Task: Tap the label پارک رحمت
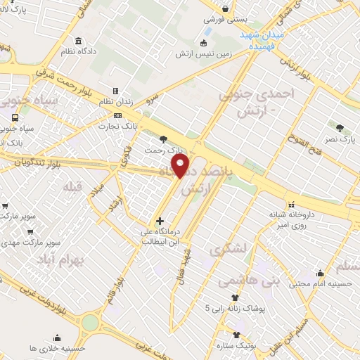click(x=164, y=150)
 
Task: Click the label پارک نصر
click(x=340, y=140)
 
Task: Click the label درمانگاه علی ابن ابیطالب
click(x=162, y=236)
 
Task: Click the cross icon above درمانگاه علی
click(x=161, y=221)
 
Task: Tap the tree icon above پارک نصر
click(x=340, y=128)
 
